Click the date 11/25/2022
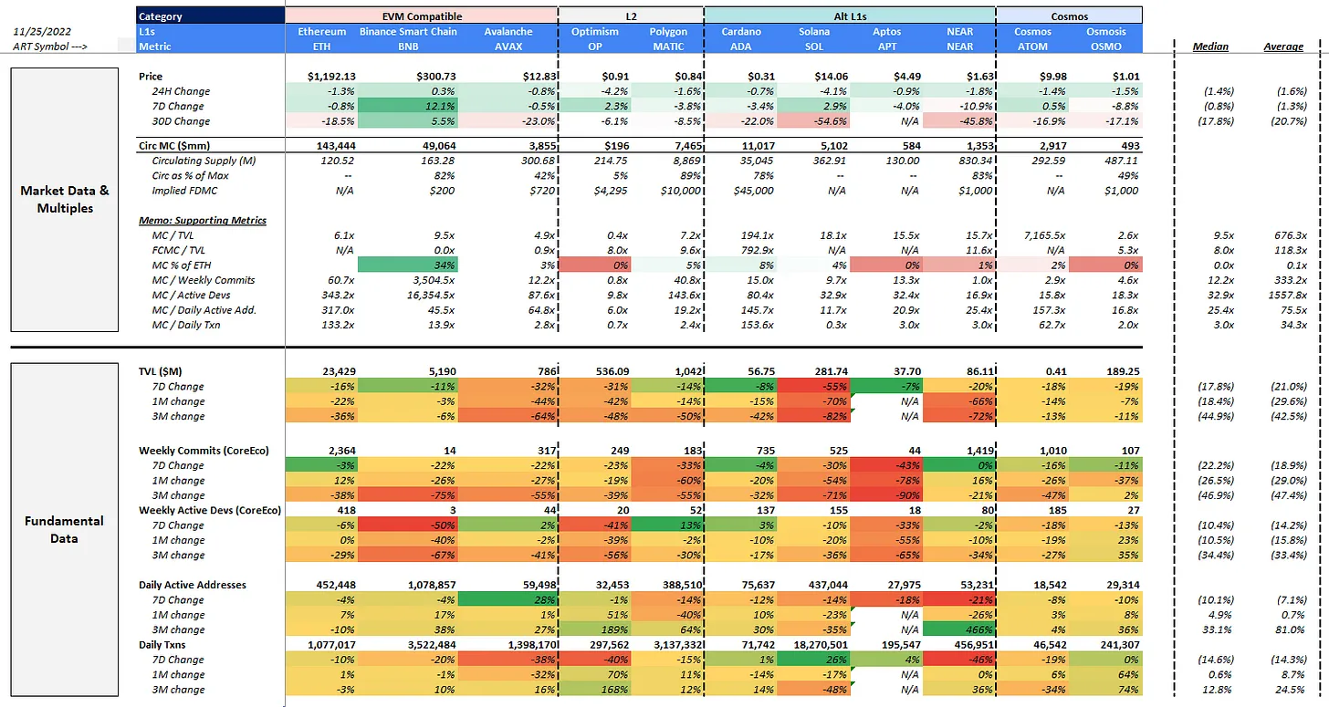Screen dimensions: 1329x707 click(x=42, y=31)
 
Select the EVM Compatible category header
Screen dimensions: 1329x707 click(x=422, y=16)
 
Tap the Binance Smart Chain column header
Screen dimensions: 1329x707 click(x=408, y=31)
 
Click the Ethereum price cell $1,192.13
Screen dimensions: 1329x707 click(x=331, y=77)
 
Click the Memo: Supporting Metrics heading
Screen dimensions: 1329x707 click(x=203, y=220)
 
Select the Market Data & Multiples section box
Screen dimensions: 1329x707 click(x=65, y=199)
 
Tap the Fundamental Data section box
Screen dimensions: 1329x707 click(x=65, y=530)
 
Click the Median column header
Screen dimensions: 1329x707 click(x=1210, y=47)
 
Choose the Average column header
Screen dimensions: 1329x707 click(x=1283, y=47)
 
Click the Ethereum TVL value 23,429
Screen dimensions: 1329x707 click(x=339, y=371)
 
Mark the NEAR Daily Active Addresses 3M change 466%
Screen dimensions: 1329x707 click(x=978, y=629)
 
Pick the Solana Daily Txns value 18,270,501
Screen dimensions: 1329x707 click(x=821, y=645)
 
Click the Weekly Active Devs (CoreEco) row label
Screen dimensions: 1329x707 click(x=210, y=510)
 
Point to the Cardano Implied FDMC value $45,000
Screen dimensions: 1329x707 click(x=754, y=191)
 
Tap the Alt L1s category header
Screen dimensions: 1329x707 click(x=850, y=16)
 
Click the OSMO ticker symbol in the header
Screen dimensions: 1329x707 click(x=1106, y=47)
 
